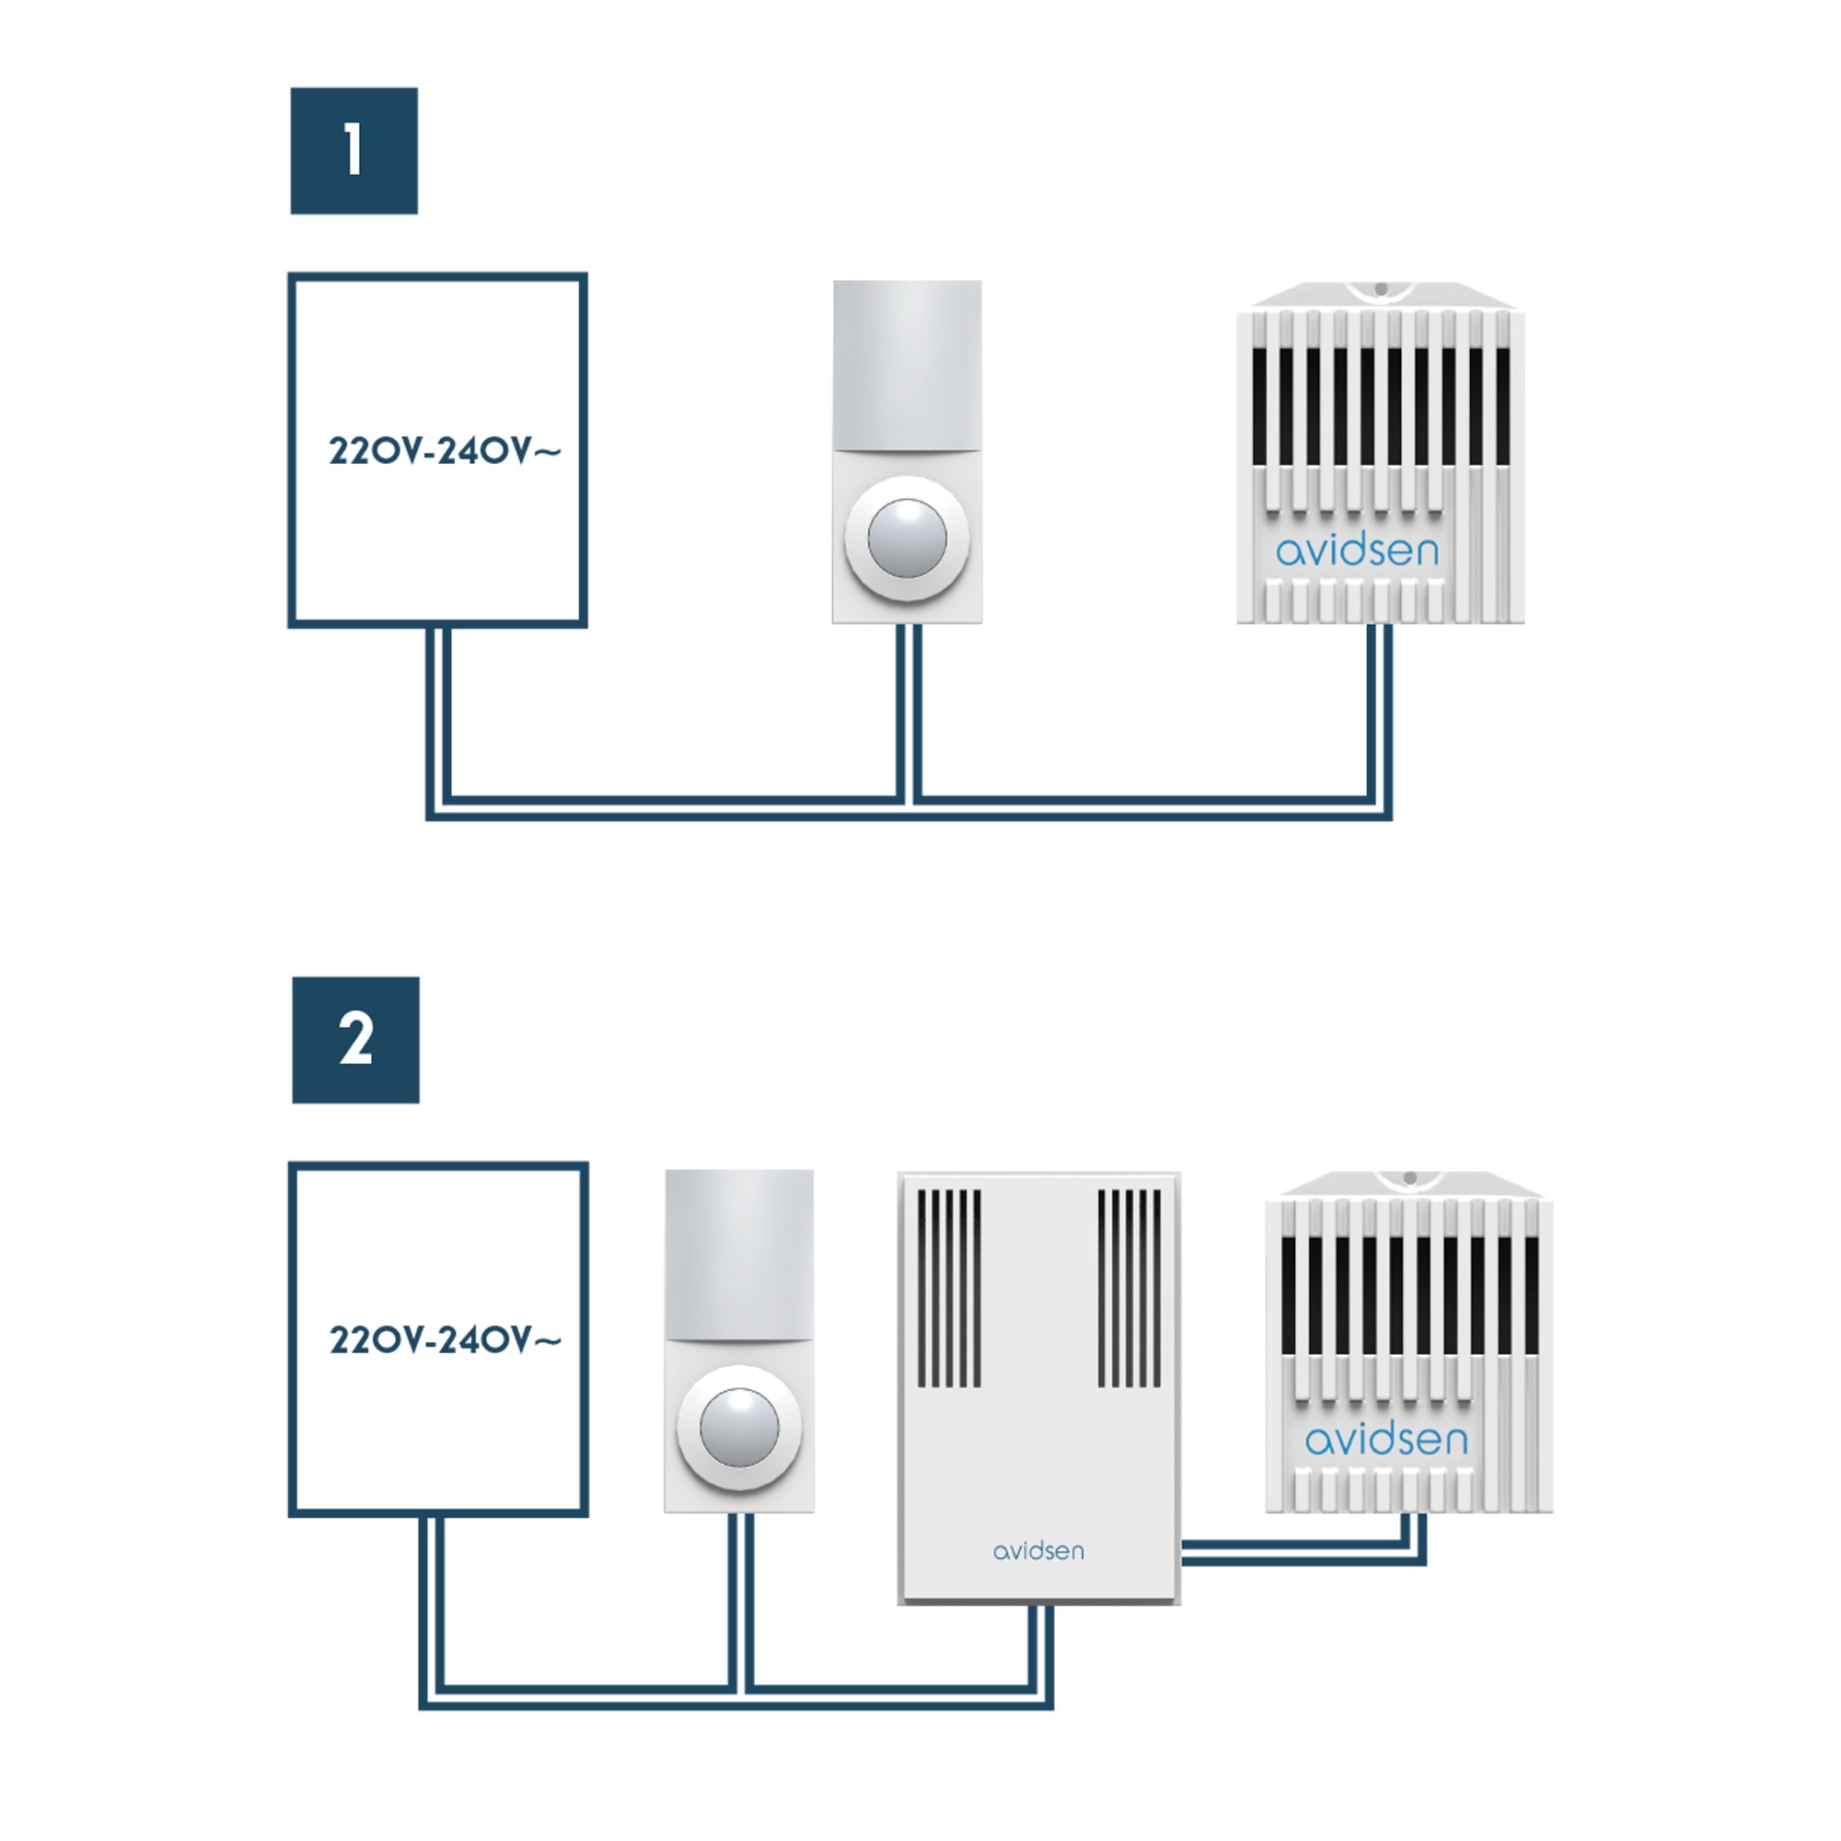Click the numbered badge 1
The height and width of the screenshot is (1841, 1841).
[353, 151]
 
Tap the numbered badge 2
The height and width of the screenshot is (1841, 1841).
[355, 1039]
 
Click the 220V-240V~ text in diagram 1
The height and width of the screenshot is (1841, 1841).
[445, 451]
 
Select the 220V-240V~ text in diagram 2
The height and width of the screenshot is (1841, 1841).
[445, 1339]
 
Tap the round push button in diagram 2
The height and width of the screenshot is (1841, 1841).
[738, 1428]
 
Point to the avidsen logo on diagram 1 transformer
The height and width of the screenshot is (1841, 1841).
[1357, 550]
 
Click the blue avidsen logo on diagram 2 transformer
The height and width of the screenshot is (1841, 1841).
[1386, 1439]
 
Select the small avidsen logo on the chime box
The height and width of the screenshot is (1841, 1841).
[1038, 1551]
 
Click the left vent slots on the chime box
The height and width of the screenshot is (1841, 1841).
[949, 1289]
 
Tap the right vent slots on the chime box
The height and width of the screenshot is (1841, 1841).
[1129, 1289]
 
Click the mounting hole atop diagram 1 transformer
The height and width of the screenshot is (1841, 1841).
[1381, 289]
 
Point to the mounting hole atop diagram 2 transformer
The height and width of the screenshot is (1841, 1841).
[1410, 1178]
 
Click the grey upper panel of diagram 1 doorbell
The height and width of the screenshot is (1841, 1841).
[908, 365]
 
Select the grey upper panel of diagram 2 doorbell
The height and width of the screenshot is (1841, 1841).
[739, 1254]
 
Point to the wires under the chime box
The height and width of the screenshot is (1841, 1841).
[1041, 1656]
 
